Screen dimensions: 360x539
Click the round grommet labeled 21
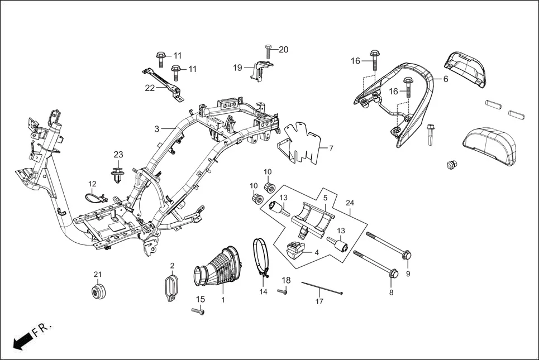(x=98, y=292)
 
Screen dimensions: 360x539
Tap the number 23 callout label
(x=118, y=155)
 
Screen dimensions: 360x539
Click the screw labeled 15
(x=198, y=311)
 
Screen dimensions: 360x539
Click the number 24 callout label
(x=350, y=203)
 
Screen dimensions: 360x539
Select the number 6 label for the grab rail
(x=446, y=79)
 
